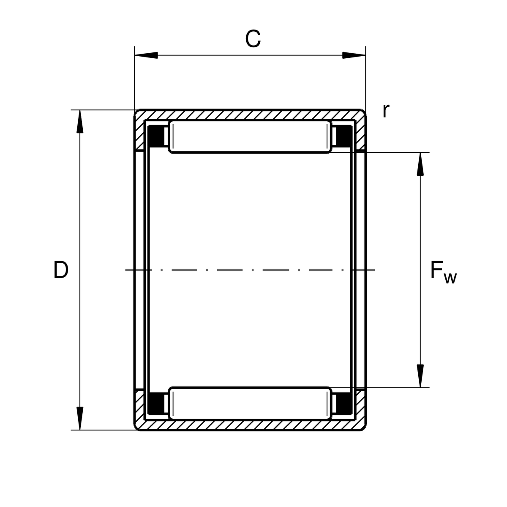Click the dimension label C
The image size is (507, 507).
253,39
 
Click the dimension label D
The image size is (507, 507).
61,270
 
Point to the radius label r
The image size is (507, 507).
386,111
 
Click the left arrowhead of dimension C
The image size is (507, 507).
146,55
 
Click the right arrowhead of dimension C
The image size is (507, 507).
354,55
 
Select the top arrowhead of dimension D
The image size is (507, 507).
80,121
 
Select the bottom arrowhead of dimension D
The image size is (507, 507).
80,418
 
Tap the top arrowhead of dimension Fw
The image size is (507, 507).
420,164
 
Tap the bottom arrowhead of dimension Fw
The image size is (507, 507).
420,376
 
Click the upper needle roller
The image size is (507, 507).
250,136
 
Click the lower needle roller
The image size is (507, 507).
250,403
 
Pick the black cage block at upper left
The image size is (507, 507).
156,136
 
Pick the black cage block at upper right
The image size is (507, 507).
344,136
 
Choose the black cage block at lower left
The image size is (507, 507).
156,403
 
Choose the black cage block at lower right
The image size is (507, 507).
344,403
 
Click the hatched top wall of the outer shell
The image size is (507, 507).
250,115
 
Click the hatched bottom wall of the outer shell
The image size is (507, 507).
250,425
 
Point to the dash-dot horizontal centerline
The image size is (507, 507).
250,270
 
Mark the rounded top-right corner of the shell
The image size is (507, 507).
364,111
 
